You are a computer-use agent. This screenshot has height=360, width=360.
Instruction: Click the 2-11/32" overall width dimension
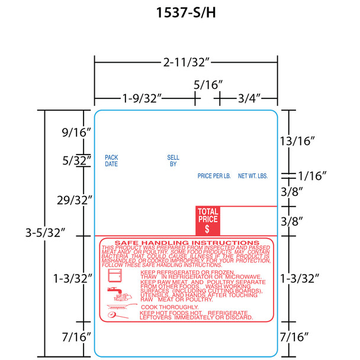click(186, 60)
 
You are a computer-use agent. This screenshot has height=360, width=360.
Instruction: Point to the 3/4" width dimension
click(247, 97)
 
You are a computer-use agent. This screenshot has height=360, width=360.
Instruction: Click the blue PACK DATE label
click(111, 160)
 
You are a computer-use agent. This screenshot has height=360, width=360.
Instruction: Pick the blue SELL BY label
click(173, 160)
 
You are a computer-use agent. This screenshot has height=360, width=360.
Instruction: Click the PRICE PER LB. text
click(214, 176)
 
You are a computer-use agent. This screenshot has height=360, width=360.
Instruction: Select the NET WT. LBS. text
click(253, 176)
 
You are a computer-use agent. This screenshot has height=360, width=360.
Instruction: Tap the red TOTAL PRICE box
click(207, 219)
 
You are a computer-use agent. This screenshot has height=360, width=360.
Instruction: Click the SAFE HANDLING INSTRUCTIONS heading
click(187, 243)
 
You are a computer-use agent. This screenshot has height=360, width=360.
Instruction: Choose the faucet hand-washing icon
click(115, 294)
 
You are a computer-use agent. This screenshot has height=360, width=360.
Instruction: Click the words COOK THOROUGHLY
click(169, 307)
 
